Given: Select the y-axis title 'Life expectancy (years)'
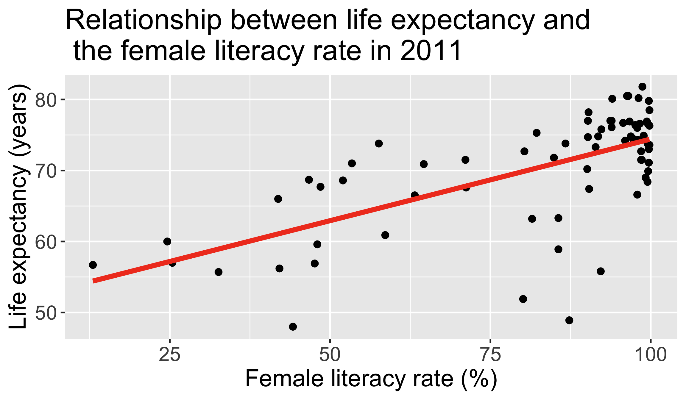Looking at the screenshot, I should pyautogui.click(x=18, y=207).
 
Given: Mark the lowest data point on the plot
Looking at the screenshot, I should pyautogui.click(x=293, y=326).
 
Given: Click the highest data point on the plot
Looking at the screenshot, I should pyautogui.click(x=643, y=87).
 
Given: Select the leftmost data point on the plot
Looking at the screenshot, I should pyautogui.click(x=93, y=265).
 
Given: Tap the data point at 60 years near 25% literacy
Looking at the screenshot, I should pyautogui.click(x=167, y=241).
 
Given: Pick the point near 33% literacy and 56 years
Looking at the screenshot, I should pyautogui.click(x=219, y=272).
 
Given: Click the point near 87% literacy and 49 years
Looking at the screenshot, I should pyautogui.click(x=569, y=320).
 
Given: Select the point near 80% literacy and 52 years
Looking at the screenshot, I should pyautogui.click(x=523, y=299).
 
